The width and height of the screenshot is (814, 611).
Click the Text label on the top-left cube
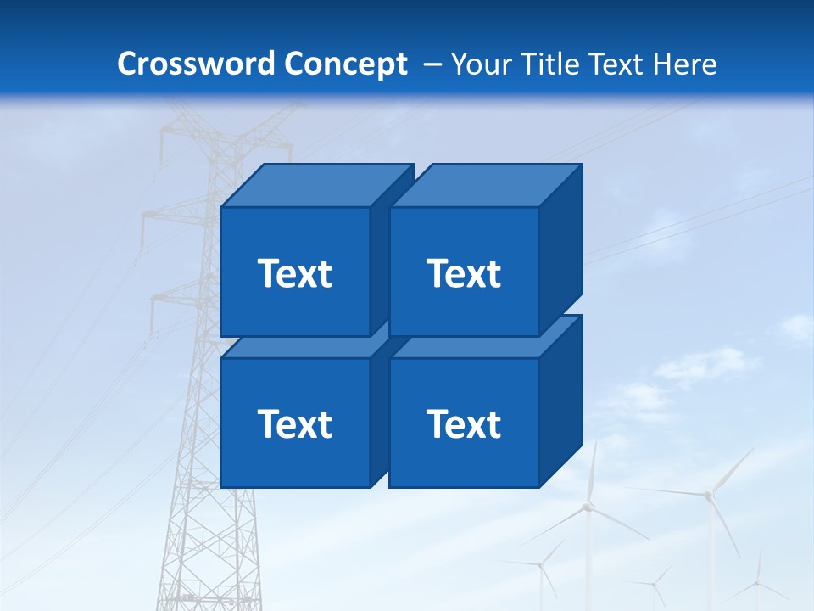[294, 273]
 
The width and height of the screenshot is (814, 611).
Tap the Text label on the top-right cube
[463, 273]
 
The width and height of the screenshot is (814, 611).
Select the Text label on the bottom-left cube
[294, 423]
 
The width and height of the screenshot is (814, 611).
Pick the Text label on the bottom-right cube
[463, 423]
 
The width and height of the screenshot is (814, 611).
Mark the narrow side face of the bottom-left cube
[379, 416]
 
